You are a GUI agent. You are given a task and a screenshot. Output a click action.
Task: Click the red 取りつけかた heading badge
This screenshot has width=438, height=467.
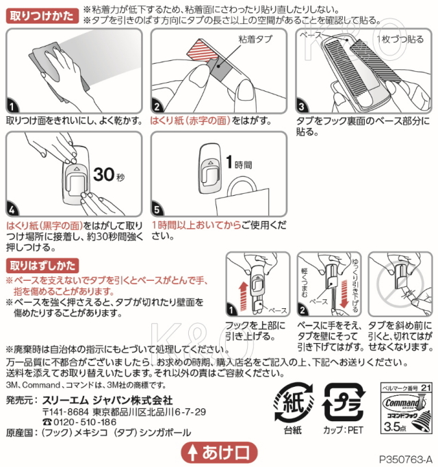[42, 16]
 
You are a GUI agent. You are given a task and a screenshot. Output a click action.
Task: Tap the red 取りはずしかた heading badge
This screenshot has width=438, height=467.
[42, 266]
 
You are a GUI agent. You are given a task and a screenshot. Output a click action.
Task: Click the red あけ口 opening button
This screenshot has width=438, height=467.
[219, 453]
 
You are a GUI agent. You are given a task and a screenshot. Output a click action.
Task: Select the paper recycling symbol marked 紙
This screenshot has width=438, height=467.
[294, 403]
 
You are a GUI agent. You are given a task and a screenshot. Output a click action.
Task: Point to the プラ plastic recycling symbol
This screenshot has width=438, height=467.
[343, 403]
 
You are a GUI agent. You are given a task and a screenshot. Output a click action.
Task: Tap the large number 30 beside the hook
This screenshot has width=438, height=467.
[104, 174]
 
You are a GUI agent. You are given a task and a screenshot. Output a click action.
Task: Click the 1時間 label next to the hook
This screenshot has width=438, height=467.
[239, 162]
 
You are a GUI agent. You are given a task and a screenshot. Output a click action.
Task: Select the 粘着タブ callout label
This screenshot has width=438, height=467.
[255, 39]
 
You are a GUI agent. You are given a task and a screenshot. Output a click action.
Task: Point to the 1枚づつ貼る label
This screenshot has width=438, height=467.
[400, 39]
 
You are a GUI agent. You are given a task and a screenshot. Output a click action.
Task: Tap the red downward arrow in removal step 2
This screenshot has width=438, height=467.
[344, 293]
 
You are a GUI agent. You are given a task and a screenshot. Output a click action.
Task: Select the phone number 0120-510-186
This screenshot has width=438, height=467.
[85, 422]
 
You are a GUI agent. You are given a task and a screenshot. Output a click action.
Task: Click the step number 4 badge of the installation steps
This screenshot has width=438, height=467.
[12, 210]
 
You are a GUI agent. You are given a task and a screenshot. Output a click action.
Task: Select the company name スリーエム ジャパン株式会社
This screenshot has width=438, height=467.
[107, 400]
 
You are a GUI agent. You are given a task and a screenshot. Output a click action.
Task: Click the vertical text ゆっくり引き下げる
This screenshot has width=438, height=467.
[355, 286]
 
